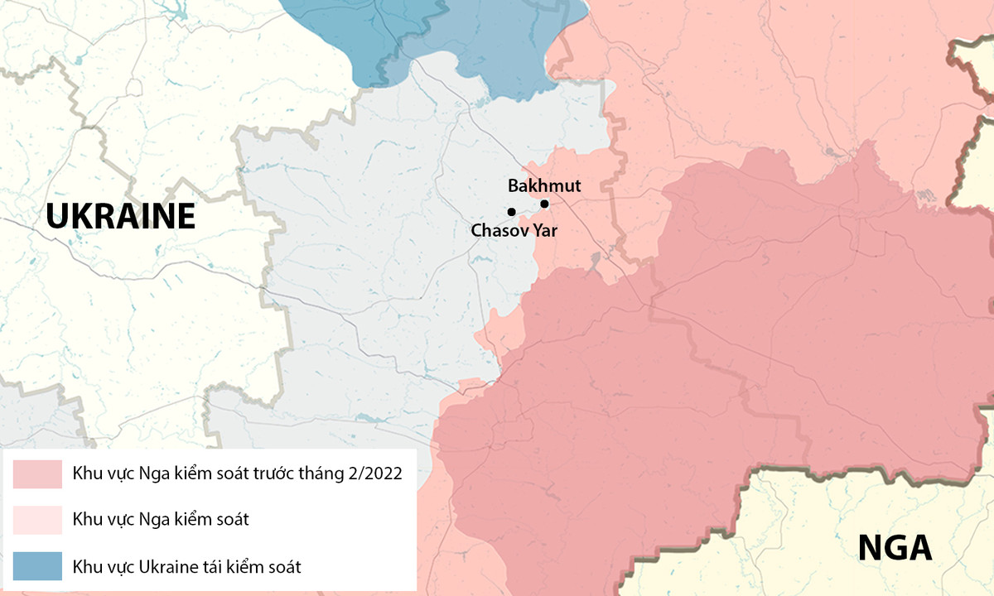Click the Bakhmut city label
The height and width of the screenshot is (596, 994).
[544, 186]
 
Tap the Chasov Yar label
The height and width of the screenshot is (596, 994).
[514, 231]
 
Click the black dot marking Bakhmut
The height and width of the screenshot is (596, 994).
[544, 204]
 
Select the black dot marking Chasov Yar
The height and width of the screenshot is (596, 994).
[511, 212]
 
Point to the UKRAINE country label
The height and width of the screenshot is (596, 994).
[120, 217]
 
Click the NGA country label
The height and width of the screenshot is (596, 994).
[895, 548]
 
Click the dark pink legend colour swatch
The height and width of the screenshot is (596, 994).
[37, 474]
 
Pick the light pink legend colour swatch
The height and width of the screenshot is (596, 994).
[37, 520]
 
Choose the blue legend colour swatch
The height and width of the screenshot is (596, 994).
[37, 566]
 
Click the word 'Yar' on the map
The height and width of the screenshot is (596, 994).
[544, 231]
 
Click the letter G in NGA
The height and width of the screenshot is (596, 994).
[895, 548]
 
